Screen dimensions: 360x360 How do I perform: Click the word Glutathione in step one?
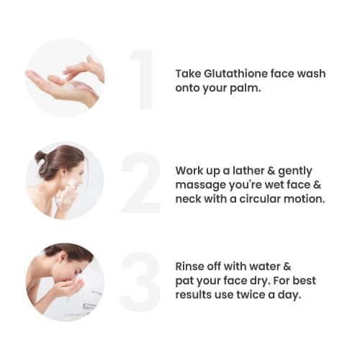230,73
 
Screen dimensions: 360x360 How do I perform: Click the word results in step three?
194,293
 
